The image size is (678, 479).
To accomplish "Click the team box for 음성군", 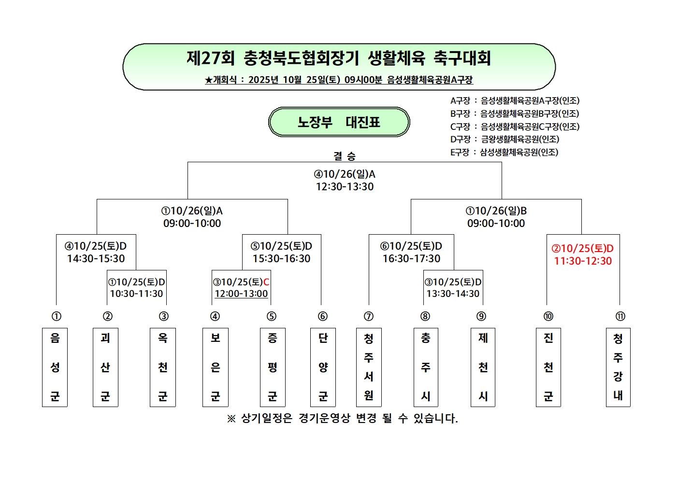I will pyautogui.click(x=55, y=367).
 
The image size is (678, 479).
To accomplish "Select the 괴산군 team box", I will pyautogui.click(x=105, y=367).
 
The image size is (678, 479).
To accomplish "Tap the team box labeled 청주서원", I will pyautogui.click(x=369, y=367).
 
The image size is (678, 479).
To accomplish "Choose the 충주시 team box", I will pyautogui.click(x=426, y=367).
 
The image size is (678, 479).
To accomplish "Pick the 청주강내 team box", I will pyautogui.click(x=618, y=367).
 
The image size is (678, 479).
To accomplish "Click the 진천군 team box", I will pyautogui.click(x=548, y=367).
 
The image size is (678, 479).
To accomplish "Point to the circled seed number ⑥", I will pyautogui.click(x=323, y=316).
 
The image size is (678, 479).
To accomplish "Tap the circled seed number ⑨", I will pyautogui.click(x=481, y=316).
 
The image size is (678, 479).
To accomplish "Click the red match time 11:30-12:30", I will pyautogui.click(x=583, y=261).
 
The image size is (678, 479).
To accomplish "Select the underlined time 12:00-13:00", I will pyautogui.click(x=241, y=294).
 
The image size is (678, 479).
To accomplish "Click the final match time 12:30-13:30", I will pyautogui.click(x=345, y=187).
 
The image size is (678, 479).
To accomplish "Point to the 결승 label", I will pyautogui.click(x=345, y=156).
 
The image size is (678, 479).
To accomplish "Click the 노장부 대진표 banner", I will pyautogui.click(x=339, y=122).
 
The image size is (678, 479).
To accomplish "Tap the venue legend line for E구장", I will pyautogui.click(x=504, y=152).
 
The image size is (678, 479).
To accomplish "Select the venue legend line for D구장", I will pyautogui.click(x=505, y=139).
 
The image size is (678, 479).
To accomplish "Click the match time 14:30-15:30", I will pyautogui.click(x=96, y=259).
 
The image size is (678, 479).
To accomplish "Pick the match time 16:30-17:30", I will pyautogui.click(x=411, y=259).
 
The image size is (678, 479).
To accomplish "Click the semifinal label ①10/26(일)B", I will pyautogui.click(x=496, y=211).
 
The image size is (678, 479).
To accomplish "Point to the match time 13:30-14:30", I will pyautogui.click(x=453, y=294).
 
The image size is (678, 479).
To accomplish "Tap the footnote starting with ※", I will pyautogui.click(x=342, y=418).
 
